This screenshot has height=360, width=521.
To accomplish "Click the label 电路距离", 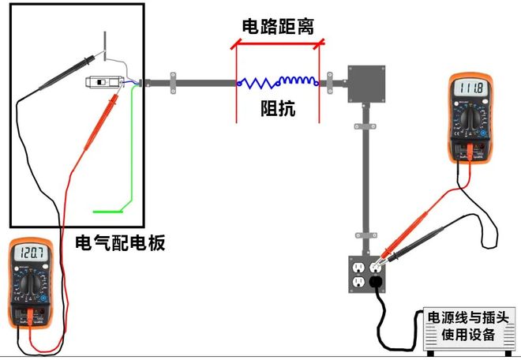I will click(278, 25).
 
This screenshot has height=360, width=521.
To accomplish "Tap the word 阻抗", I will click(278, 109).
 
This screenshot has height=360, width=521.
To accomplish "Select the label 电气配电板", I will click(119, 242).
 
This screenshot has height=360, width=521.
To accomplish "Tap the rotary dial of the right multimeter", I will click(471, 118).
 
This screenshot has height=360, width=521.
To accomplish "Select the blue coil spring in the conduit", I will click(278, 81).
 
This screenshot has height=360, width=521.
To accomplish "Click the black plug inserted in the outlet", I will click(377, 281).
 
